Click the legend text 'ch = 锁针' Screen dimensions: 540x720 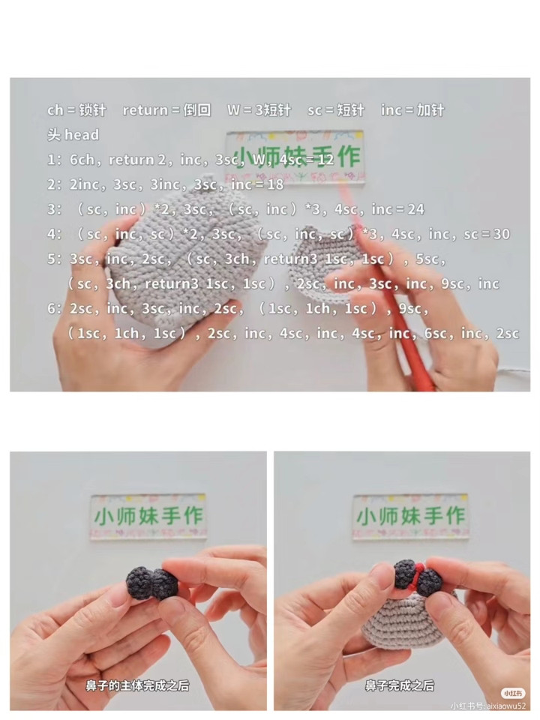click(x=76, y=110)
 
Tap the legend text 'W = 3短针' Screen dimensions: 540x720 click(x=259, y=110)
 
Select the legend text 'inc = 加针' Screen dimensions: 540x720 click(x=412, y=110)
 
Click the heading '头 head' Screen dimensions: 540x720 click(x=73, y=135)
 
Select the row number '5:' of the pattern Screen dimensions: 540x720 click(x=54, y=259)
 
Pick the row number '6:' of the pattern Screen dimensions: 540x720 click(x=54, y=308)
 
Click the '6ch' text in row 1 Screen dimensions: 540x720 click(x=82, y=160)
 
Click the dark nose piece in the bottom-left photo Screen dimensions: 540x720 click(x=152, y=583)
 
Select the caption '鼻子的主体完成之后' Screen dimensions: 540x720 click(x=137, y=685)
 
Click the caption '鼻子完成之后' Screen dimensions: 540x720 click(x=400, y=685)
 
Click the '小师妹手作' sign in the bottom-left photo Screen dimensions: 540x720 click(x=148, y=517)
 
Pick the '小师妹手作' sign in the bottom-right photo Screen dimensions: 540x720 click(x=410, y=517)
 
